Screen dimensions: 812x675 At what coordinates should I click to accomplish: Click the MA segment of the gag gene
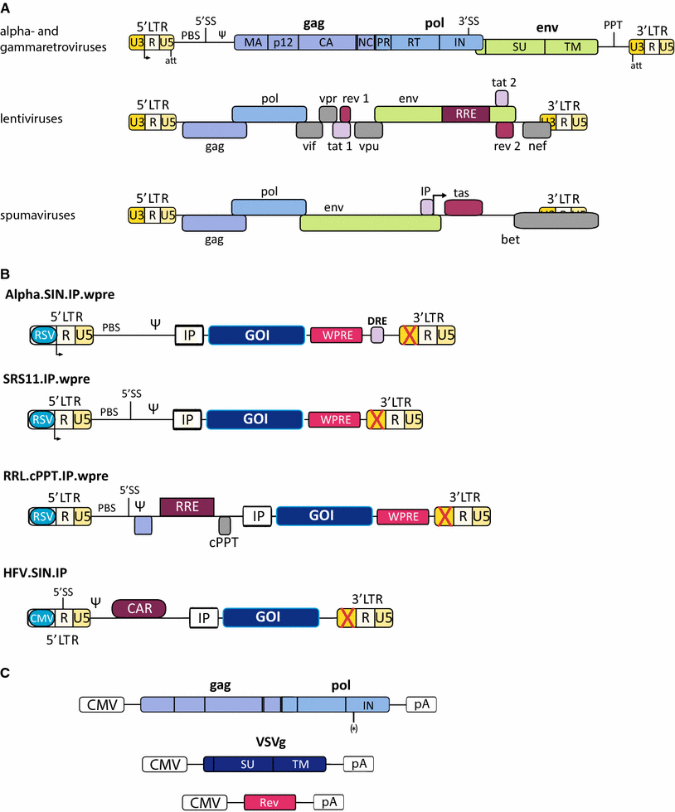point(249,45)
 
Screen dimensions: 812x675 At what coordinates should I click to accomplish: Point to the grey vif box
point(308,130)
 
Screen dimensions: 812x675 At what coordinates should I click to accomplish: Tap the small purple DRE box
point(377,336)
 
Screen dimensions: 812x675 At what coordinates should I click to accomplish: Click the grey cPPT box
point(225,525)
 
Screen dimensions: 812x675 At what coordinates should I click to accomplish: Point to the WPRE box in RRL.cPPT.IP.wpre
point(402,516)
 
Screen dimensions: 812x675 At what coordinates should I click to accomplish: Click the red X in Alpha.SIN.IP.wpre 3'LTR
point(408,335)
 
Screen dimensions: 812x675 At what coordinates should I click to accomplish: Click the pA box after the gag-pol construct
point(420,705)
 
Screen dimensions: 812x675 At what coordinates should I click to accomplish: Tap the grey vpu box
point(367,130)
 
